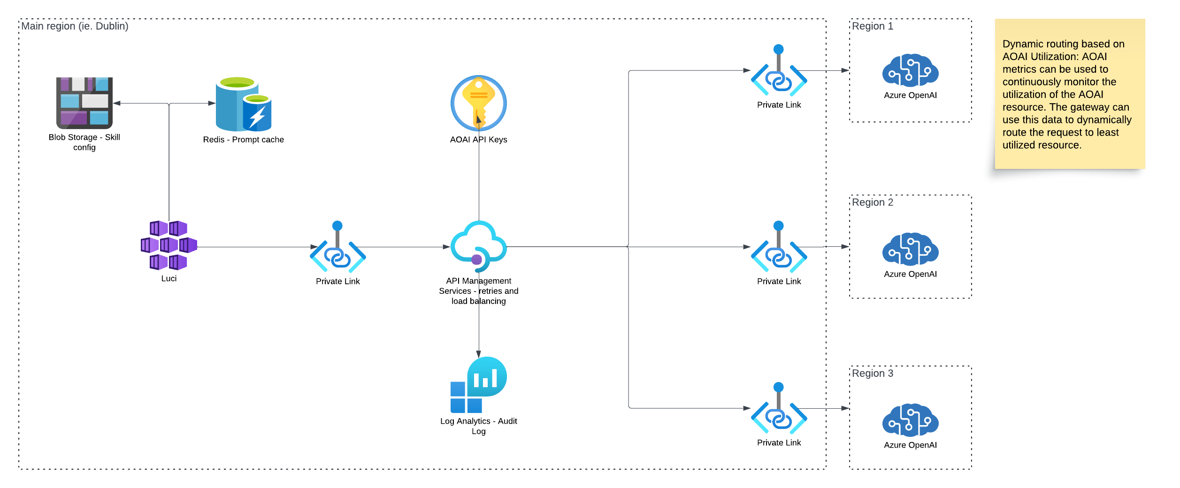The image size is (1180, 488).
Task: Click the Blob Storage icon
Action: click(x=84, y=103)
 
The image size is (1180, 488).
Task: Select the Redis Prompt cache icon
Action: click(x=244, y=104)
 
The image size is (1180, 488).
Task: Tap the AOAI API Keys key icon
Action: click(x=479, y=103)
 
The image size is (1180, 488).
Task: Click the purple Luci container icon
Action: click(x=169, y=245)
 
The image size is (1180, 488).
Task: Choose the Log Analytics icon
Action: click(x=479, y=385)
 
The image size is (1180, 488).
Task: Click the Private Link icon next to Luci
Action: click(x=338, y=247)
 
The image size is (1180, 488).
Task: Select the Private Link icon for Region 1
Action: click(x=779, y=70)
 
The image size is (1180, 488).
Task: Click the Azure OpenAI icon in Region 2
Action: click(x=911, y=249)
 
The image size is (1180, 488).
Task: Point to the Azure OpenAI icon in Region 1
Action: click(x=911, y=70)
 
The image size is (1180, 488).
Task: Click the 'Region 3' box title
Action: click(x=873, y=374)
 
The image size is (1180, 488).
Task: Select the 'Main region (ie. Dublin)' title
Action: click(x=75, y=26)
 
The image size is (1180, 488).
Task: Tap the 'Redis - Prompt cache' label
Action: click(x=244, y=139)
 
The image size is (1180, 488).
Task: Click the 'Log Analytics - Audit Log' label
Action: click(x=479, y=426)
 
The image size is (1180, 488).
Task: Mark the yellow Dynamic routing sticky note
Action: click(x=1070, y=94)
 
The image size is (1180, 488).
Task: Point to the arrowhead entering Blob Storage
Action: click(x=116, y=103)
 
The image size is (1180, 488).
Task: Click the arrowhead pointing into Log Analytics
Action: click(x=479, y=354)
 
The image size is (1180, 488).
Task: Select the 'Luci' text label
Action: click(x=169, y=278)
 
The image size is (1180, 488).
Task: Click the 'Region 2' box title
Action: click(x=873, y=203)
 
